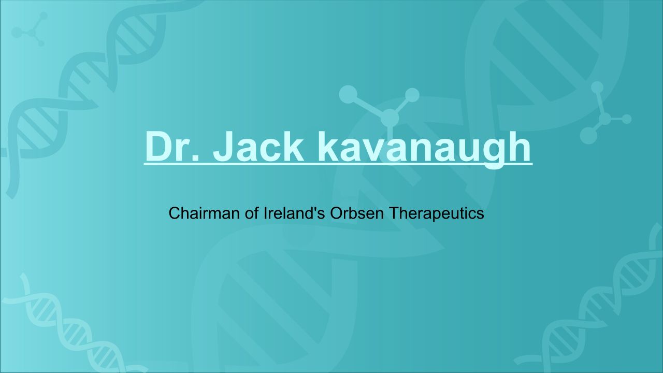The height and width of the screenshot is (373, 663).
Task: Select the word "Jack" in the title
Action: [x=258, y=147]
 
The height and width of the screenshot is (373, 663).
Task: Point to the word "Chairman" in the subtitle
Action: [x=204, y=213]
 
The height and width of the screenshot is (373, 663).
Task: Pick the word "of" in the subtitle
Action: [x=252, y=213]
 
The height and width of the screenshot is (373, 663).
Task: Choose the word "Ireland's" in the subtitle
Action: [x=294, y=213]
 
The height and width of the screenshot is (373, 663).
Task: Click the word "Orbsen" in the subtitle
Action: [x=357, y=213]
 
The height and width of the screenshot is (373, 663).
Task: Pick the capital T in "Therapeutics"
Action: [x=393, y=213]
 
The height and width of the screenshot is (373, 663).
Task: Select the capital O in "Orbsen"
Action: [x=337, y=213]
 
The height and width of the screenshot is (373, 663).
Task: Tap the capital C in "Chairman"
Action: [x=175, y=213]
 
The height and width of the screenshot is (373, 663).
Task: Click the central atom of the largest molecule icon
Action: [x=390, y=118]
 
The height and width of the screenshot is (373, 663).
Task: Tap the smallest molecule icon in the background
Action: [x=30, y=29]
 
